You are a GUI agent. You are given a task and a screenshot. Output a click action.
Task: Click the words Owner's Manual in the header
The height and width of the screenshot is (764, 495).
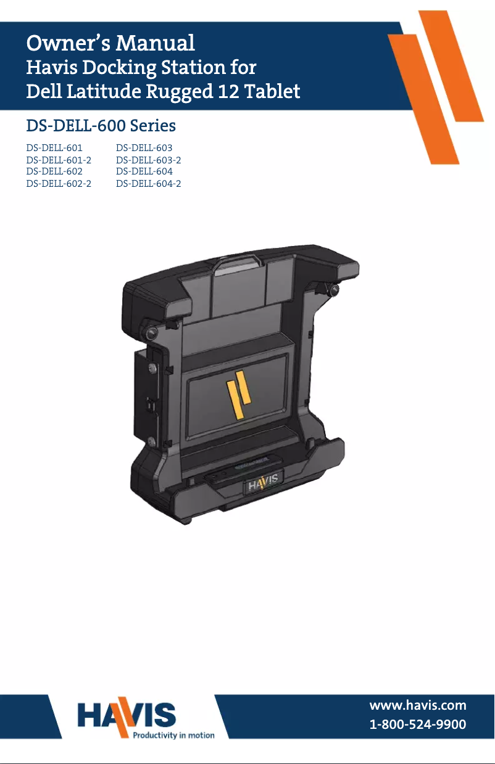pos(110,43)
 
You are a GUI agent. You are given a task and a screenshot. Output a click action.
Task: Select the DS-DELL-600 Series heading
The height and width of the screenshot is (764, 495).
pos(101,126)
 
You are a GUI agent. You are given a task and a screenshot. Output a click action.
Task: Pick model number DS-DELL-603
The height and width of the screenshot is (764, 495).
pos(144,149)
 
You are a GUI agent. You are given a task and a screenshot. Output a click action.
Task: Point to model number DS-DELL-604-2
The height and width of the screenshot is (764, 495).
pos(148,184)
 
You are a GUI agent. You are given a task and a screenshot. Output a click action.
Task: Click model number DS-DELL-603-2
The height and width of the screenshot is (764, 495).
pos(148,160)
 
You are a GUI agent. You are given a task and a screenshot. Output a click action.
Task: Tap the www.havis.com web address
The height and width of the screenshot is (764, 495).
pos(417,705)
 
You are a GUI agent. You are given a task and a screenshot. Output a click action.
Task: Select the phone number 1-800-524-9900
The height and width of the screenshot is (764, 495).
pos(417,725)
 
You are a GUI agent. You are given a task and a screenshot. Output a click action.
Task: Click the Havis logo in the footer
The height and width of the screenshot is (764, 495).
pos(127,716)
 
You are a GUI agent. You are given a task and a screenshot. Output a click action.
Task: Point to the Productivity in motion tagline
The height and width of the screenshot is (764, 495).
pos(174,735)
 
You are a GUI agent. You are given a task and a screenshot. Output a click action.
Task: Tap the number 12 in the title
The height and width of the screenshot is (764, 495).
pos(228,92)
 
